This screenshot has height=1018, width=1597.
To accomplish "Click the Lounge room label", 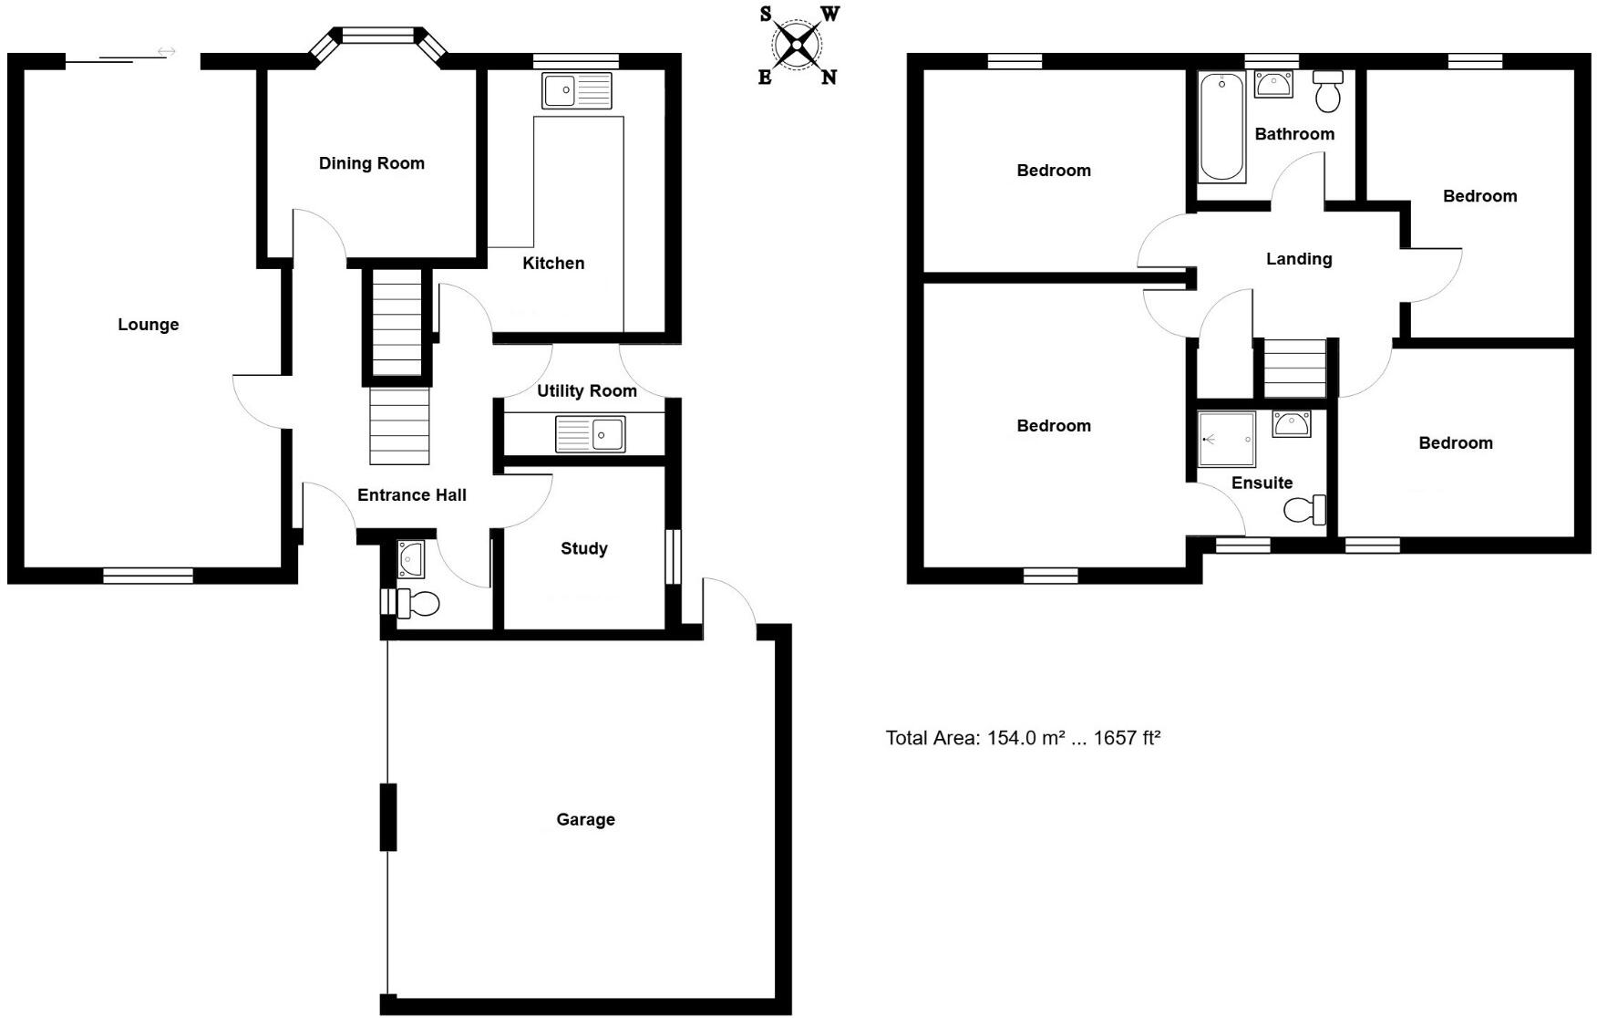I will (x=148, y=325).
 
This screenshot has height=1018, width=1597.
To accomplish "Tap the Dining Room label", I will (x=371, y=163).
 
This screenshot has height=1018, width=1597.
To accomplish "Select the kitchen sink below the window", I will (x=577, y=90).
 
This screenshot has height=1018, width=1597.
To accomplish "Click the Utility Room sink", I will (x=590, y=434).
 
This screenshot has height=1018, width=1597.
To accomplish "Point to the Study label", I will (x=583, y=548).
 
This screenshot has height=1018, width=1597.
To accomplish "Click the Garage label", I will (x=585, y=819).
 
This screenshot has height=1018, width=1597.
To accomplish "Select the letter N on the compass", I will (x=829, y=78).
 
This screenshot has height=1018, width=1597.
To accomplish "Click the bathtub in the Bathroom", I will (x=1221, y=128).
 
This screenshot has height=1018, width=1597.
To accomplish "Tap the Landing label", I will (x=1298, y=259).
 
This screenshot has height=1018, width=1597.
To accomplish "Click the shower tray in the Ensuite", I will (x=1226, y=439).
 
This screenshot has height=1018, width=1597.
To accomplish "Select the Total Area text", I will (x=1022, y=738).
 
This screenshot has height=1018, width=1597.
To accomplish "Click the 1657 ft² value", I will (x=1127, y=738).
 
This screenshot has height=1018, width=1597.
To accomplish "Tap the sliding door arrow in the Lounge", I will (x=166, y=52).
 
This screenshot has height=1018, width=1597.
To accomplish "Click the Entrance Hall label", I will (x=411, y=495).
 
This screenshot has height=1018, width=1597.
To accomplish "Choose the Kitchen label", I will (x=553, y=264).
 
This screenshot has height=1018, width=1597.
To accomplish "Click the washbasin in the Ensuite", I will (x=1292, y=423).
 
